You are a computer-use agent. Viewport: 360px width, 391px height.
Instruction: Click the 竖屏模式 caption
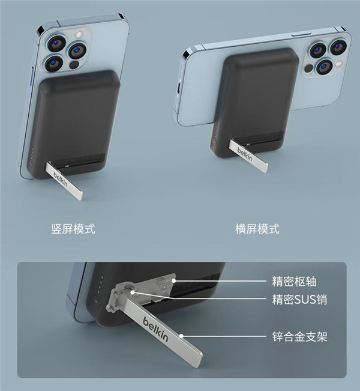point(73,229)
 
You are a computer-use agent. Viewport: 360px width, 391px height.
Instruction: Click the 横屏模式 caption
point(257,229)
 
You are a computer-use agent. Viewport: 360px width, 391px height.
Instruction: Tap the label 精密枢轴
point(294,282)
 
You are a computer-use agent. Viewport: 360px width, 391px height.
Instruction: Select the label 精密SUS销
point(299,300)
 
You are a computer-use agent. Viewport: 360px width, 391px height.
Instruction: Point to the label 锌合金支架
point(300,336)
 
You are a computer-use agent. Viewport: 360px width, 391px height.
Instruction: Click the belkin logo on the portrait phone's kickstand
point(61,180)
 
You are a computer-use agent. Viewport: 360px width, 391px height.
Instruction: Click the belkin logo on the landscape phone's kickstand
point(245,154)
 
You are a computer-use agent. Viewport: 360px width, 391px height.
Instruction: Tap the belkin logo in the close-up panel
point(155,329)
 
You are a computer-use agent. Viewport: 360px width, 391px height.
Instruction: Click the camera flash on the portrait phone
point(79,34)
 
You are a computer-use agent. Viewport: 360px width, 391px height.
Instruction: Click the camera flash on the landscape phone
point(338,64)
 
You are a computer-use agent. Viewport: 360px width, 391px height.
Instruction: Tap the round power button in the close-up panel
point(96,301)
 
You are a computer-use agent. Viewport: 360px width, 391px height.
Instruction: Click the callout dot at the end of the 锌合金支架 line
point(181,336)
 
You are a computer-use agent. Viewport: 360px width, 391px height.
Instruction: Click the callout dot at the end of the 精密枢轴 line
point(173,281)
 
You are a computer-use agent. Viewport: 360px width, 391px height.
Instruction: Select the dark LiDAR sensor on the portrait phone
point(74,65)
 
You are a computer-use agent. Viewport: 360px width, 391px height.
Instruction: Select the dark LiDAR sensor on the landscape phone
point(309,68)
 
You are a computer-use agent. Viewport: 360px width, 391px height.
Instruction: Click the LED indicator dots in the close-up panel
point(101,284)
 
